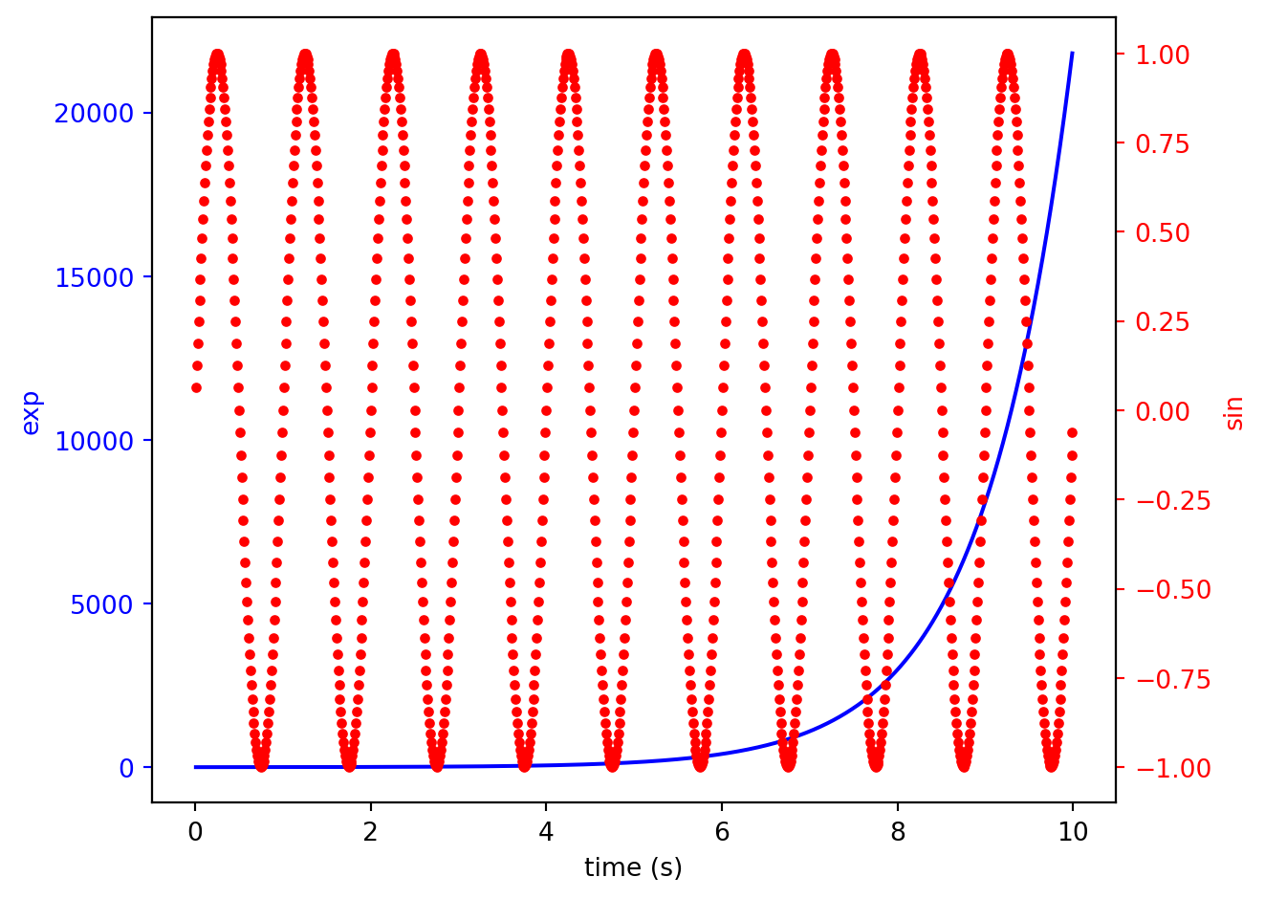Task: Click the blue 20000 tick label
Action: point(93,114)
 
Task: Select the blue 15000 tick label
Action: point(93,277)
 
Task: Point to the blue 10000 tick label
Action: point(93,441)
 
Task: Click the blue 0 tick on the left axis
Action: point(126,768)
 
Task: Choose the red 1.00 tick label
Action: point(1163,55)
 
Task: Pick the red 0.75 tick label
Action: point(1163,143)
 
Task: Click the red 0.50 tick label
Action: point(1163,233)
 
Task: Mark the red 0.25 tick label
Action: point(1163,322)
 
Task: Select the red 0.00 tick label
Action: point(1163,411)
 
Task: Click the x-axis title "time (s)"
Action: point(633,867)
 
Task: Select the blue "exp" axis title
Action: point(31,412)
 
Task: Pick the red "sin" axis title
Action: point(1234,412)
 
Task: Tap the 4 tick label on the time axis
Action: point(546,831)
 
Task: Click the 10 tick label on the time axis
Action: point(1073,831)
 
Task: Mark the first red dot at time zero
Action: point(196,388)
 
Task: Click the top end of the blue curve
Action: point(1072,54)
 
